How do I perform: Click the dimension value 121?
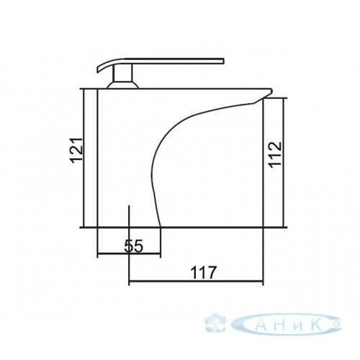77,150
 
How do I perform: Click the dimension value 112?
274,155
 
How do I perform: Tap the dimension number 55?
134,246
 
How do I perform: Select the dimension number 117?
203,272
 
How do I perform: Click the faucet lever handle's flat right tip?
223,60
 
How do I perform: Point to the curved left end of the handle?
99,68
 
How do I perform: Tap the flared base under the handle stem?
123,85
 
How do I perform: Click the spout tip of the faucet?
271,91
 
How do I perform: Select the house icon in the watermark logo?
215,322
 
